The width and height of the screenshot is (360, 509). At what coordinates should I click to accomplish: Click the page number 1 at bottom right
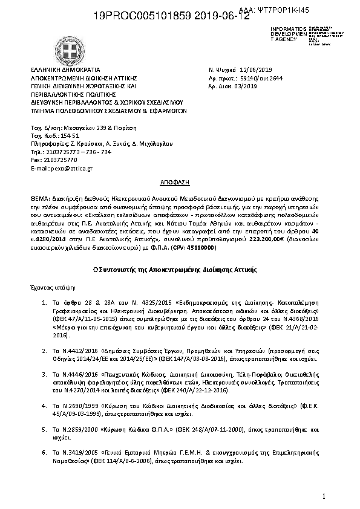pyautogui.click(x=324, y=496)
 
